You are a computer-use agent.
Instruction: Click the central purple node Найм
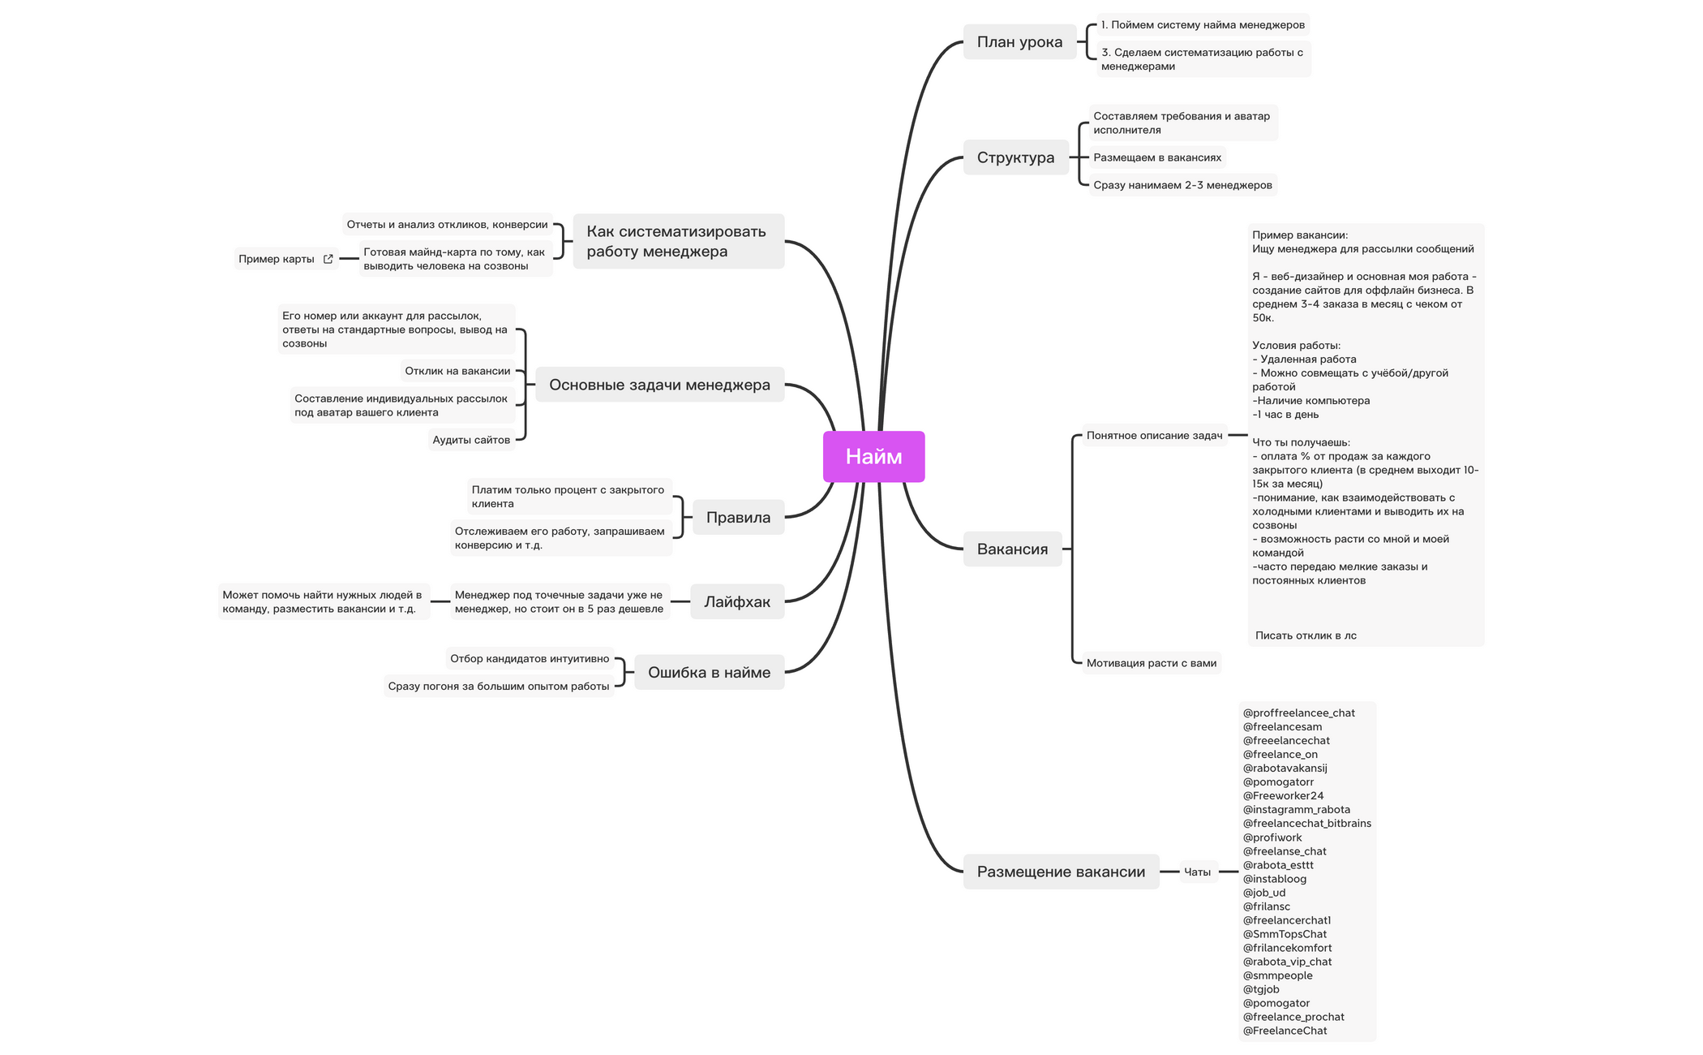click(873, 457)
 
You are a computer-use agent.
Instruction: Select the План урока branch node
click(1019, 42)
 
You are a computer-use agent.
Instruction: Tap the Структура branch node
click(1015, 157)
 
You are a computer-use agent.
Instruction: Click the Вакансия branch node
click(1012, 549)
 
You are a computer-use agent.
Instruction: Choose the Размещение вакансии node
click(1061, 872)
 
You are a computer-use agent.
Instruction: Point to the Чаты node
click(1197, 872)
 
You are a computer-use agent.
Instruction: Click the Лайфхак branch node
click(737, 601)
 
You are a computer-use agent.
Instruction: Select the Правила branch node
click(738, 518)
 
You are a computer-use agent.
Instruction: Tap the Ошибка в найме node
click(709, 672)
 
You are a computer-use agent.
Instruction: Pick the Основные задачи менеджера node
click(659, 385)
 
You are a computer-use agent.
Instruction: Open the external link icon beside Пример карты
click(328, 260)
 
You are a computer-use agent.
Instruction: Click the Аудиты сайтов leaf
click(471, 440)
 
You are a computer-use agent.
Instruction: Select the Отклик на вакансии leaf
click(457, 371)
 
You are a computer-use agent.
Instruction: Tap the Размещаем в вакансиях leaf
click(1156, 157)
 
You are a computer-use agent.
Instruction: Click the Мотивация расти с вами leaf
click(1151, 663)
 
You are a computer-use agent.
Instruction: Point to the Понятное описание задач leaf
click(1154, 436)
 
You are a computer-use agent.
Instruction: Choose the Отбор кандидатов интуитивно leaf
click(530, 659)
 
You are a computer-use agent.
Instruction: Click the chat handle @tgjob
click(1261, 989)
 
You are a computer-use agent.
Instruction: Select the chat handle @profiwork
click(1272, 838)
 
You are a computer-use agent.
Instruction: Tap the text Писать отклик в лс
click(1306, 635)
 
